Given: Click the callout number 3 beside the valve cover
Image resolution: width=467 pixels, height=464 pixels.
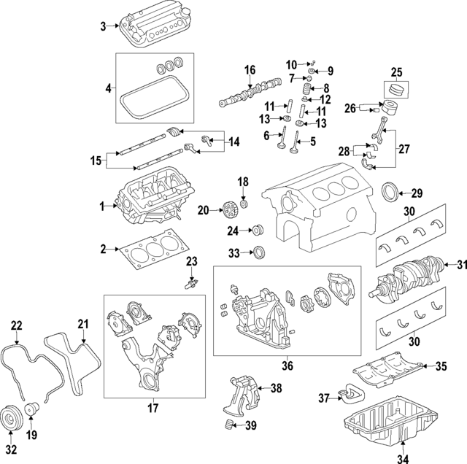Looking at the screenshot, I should click(x=104, y=28).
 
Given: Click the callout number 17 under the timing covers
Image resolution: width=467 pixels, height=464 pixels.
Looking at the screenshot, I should click(x=152, y=409).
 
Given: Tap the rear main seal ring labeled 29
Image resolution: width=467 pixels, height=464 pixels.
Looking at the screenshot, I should click(x=391, y=193).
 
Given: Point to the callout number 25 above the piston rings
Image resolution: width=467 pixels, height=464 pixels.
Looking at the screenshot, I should click(x=396, y=71).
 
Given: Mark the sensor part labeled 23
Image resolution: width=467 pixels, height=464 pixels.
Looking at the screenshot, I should click(x=192, y=282).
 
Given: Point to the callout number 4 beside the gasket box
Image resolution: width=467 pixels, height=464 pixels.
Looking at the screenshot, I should click(x=108, y=89).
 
